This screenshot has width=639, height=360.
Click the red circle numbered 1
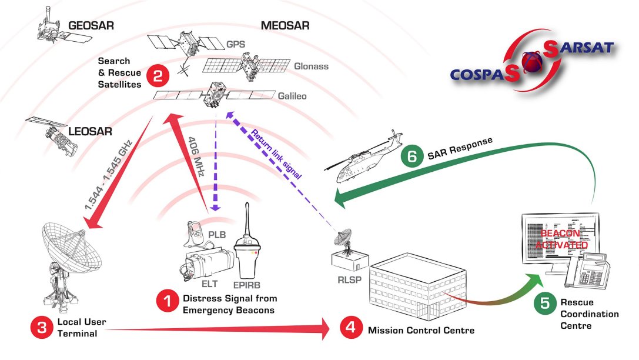tap(166, 303)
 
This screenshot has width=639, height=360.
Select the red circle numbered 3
tap(41, 328)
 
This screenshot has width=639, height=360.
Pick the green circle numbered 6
tap(412, 156)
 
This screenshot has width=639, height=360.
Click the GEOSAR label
tap(91, 26)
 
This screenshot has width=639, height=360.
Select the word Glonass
tap(311, 66)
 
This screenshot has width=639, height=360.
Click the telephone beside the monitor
tap(591, 268)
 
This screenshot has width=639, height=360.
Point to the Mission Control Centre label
tap(421, 330)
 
